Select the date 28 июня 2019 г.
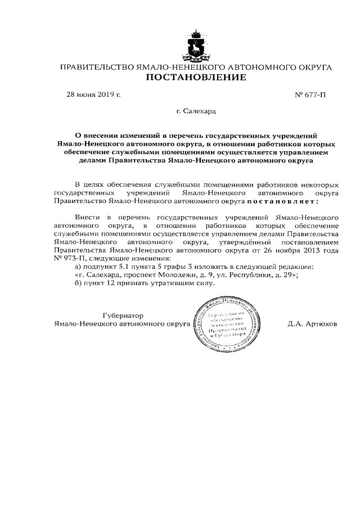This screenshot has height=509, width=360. [94, 95]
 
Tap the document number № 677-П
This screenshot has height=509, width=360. [310, 95]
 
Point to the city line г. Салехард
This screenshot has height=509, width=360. [196, 112]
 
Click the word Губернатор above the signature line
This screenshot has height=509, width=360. [123, 315]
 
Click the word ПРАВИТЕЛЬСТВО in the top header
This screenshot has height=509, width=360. [97, 67]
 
